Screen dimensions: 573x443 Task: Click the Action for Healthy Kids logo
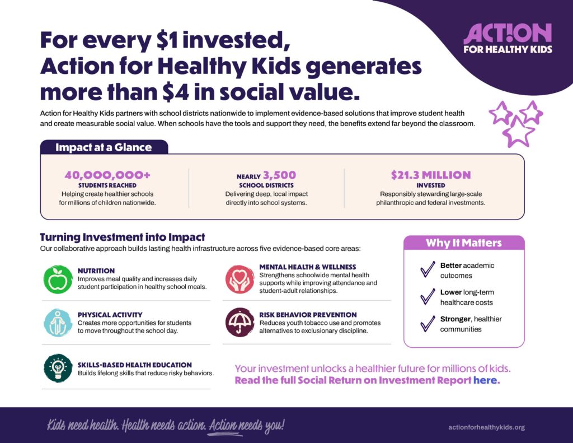click(508, 39)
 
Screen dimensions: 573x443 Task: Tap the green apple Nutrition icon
click(58, 279)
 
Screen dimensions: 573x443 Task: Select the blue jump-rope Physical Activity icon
click(58, 323)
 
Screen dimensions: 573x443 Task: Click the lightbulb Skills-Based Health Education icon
click(58, 368)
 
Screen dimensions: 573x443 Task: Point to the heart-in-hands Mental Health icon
click(239, 279)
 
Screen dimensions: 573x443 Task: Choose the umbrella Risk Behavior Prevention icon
click(239, 322)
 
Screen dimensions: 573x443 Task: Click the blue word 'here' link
click(486, 380)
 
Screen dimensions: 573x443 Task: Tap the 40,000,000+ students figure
click(107, 175)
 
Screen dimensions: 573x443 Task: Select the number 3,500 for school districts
click(280, 175)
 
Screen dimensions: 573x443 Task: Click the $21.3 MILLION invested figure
click(431, 175)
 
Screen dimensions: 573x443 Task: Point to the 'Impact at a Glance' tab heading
click(104, 147)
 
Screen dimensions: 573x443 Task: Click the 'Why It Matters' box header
click(464, 243)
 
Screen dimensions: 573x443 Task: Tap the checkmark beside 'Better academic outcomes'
click(427, 269)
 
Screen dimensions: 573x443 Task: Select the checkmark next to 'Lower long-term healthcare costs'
click(427, 297)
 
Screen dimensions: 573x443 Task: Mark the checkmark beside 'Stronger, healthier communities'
click(427, 324)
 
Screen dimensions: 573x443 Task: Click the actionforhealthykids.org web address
click(486, 427)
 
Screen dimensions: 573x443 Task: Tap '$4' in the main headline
click(176, 92)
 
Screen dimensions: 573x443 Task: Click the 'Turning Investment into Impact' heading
click(123, 237)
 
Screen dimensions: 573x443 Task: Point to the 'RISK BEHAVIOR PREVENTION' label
click(308, 315)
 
